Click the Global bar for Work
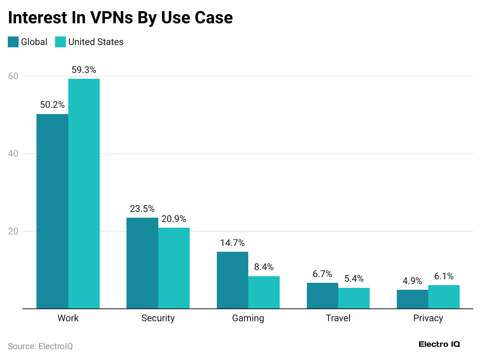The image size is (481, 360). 52,211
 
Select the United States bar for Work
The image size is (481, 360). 84,194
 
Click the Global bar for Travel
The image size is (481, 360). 322,296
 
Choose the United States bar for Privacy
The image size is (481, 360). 444,297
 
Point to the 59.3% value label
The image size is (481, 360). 84,70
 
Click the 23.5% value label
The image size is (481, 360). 142,209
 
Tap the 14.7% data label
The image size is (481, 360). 232,243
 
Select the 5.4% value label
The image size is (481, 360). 354,279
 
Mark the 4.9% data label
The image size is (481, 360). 412,281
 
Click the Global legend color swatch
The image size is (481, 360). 13,42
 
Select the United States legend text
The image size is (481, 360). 96,42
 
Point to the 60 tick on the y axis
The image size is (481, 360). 13,76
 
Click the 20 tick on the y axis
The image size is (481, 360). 13,231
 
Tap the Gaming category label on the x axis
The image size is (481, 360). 248,318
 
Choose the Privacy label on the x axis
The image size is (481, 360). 428,318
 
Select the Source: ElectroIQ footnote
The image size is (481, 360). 40,346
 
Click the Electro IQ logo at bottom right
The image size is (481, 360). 439,344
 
